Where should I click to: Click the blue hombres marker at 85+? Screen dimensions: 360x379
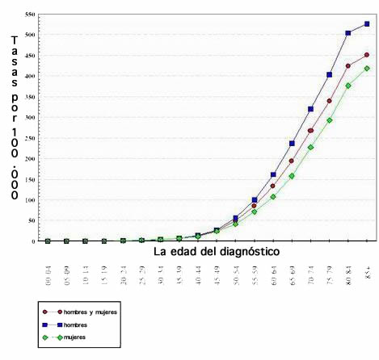click(367, 24)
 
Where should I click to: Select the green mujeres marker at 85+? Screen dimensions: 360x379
click(367, 69)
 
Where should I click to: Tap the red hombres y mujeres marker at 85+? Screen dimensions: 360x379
click(367, 55)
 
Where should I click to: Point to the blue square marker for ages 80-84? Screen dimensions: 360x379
click(348, 33)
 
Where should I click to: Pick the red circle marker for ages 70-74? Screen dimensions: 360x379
click(310, 131)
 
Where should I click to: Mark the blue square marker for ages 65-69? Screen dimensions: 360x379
click(292, 144)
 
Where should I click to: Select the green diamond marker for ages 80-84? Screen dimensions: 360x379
click(348, 86)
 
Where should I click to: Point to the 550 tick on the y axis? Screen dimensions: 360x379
click(30, 15)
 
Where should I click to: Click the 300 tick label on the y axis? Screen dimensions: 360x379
click(30, 117)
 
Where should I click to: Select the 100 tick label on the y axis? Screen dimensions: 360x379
click(30, 199)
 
